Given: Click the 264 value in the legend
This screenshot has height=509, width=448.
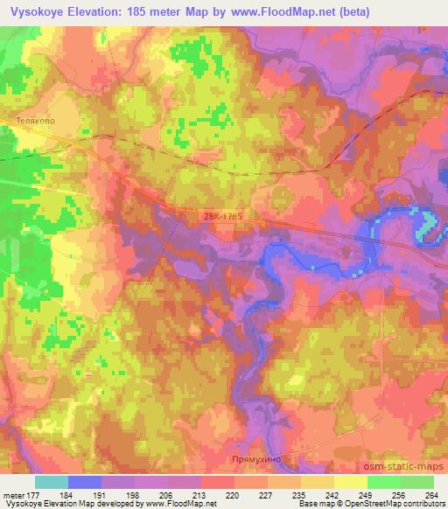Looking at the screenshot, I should pos(432,495).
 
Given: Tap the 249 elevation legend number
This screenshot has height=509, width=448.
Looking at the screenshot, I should pos(366,495).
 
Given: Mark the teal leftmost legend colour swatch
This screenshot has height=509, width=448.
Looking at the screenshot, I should pos(52,482).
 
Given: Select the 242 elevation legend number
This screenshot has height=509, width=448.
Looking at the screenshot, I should pos(332,495).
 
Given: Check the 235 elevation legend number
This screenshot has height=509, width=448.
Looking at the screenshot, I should pos(299,495).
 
